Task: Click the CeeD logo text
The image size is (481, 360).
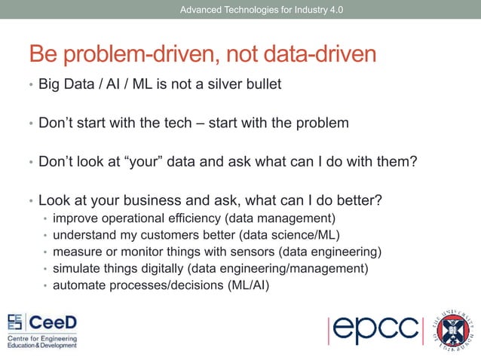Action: click(x=52, y=322)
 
